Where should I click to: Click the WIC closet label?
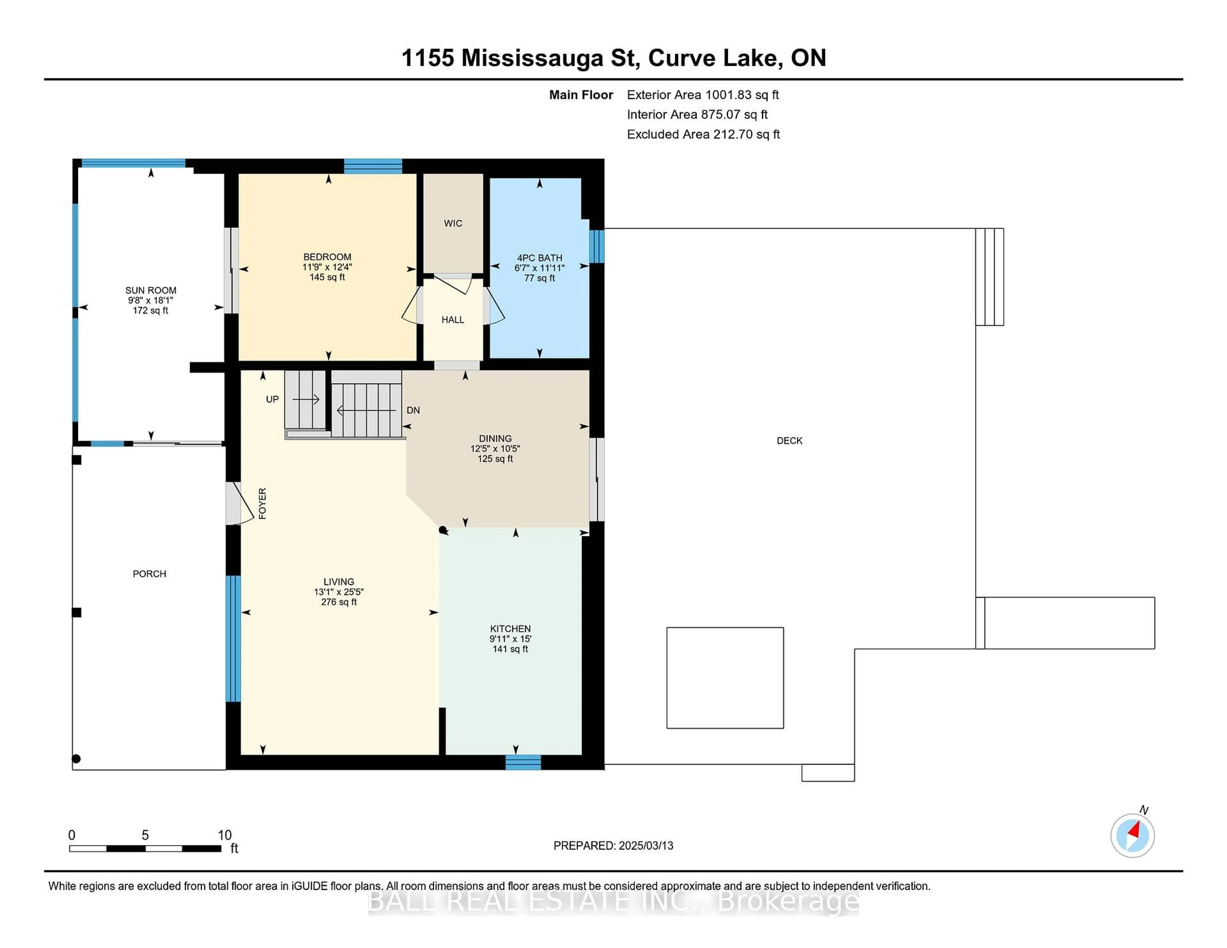tap(453, 224)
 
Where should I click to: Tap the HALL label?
tap(453, 319)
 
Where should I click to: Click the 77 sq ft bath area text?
tap(539, 278)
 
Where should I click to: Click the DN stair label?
tap(413, 410)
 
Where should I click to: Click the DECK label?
tap(789, 441)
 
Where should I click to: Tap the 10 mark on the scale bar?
tap(224, 835)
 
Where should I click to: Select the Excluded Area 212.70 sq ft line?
tap(703, 134)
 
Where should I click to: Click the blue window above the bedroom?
tap(373, 166)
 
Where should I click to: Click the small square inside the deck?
tap(725, 678)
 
